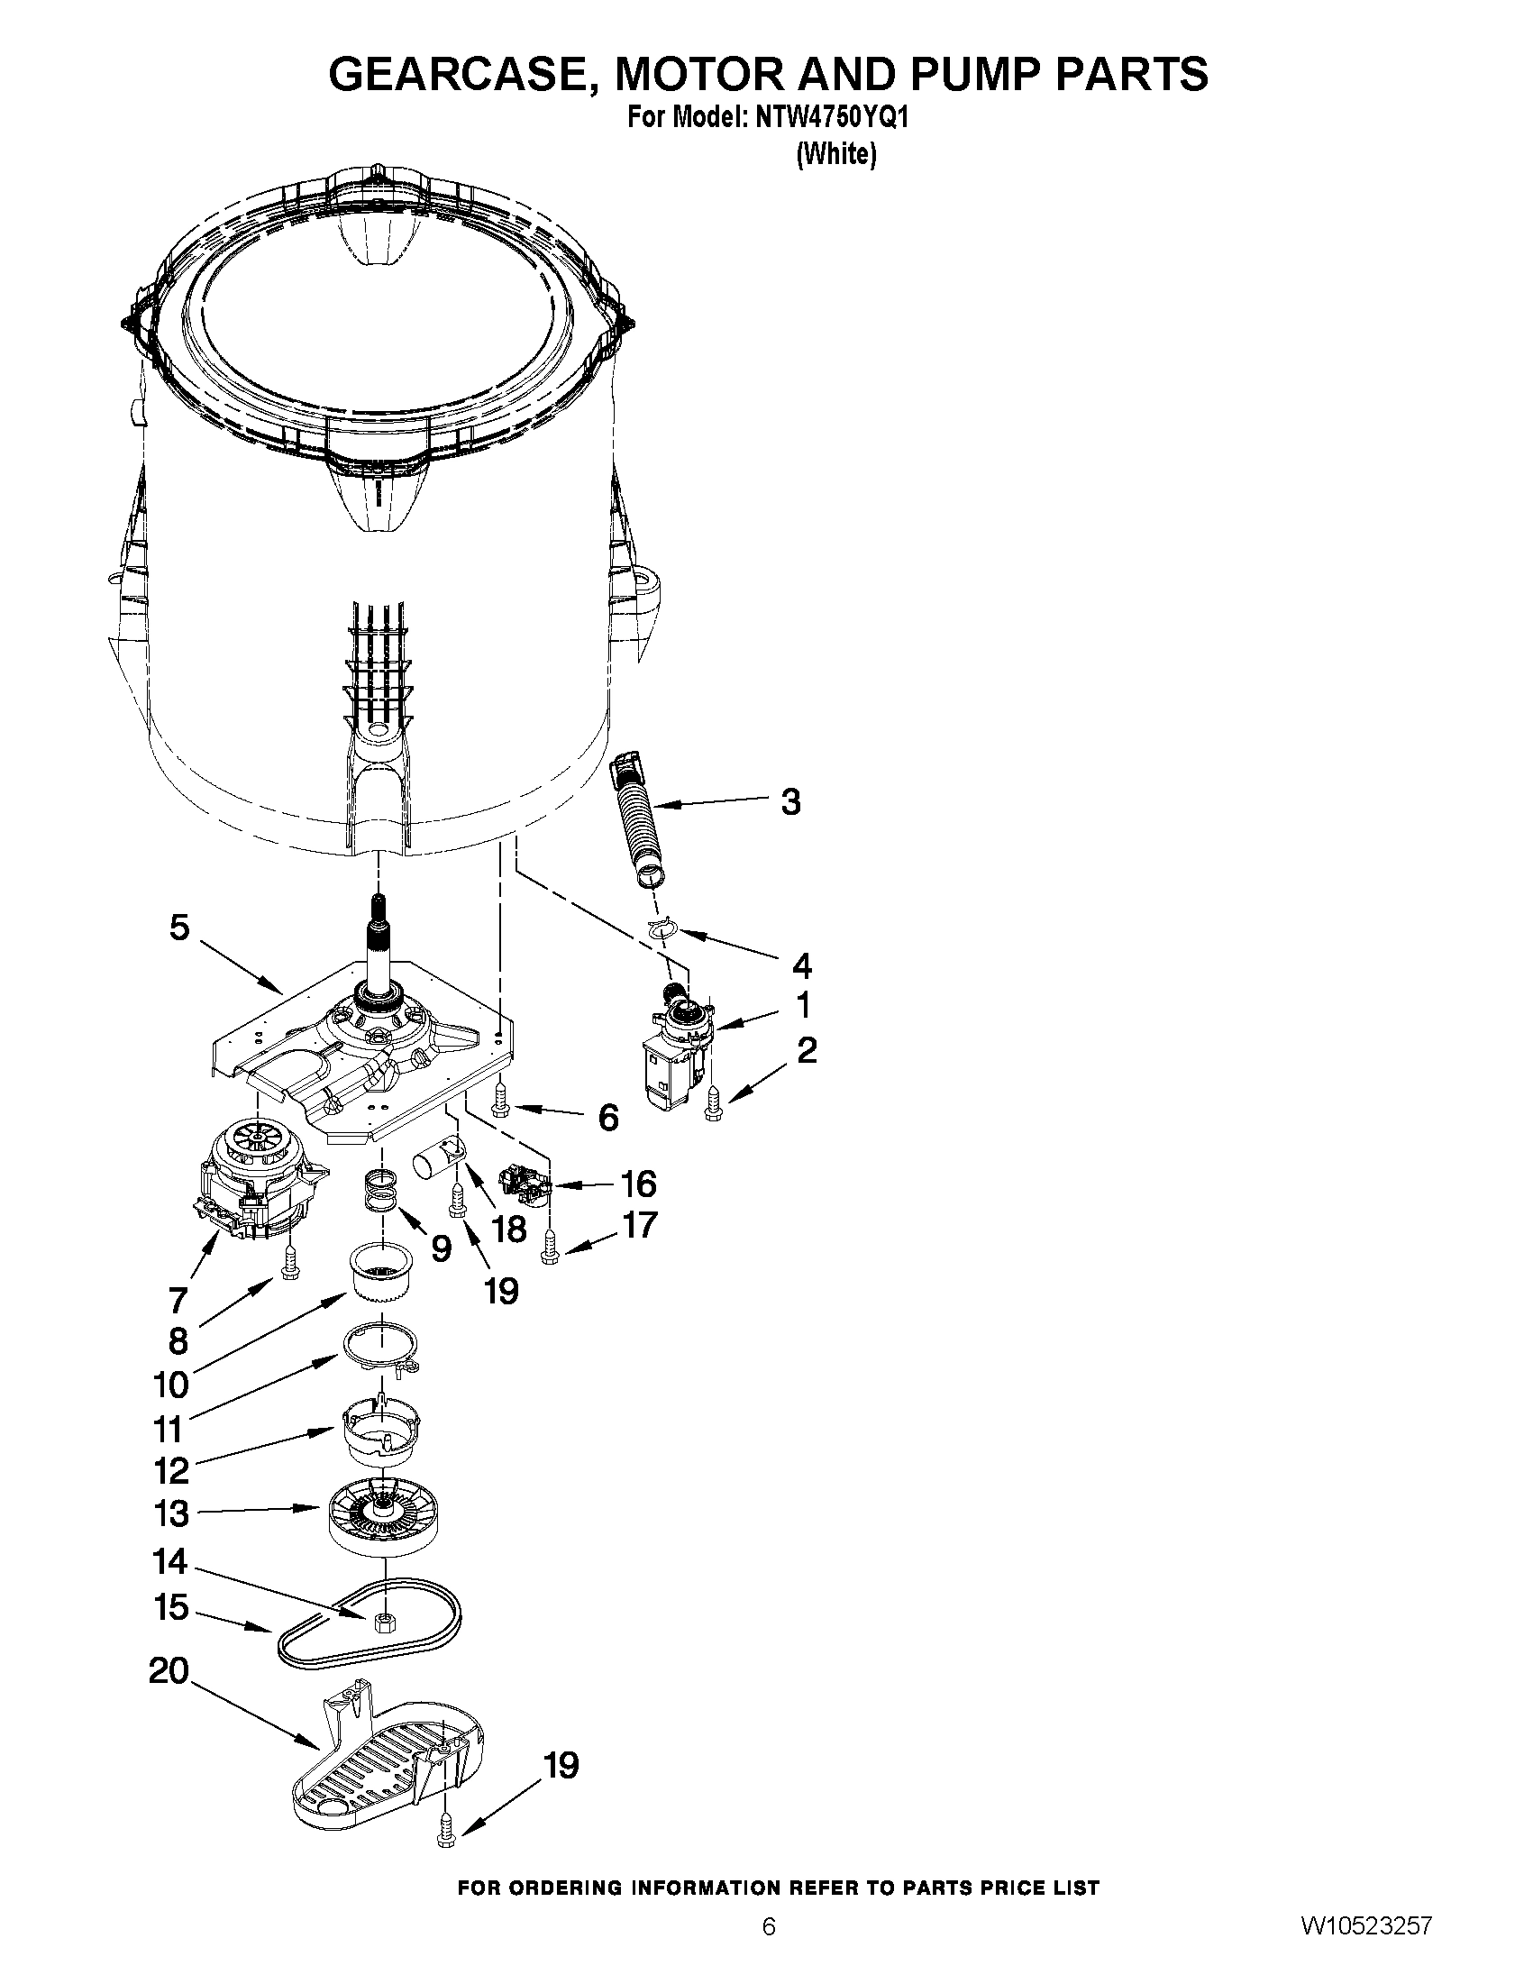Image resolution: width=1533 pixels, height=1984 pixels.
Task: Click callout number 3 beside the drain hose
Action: (x=791, y=802)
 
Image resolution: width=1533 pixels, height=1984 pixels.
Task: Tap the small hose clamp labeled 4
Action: (x=665, y=928)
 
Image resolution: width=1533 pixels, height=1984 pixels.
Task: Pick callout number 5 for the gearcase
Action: (x=180, y=928)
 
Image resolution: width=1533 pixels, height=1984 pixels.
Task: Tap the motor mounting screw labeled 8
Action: (x=288, y=1262)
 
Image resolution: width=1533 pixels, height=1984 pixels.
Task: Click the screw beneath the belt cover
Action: (x=445, y=1837)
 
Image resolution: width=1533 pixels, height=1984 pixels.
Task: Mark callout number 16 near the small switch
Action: (x=637, y=1184)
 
